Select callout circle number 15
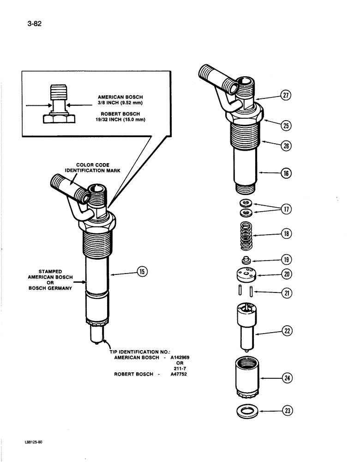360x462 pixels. (x=142, y=272)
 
